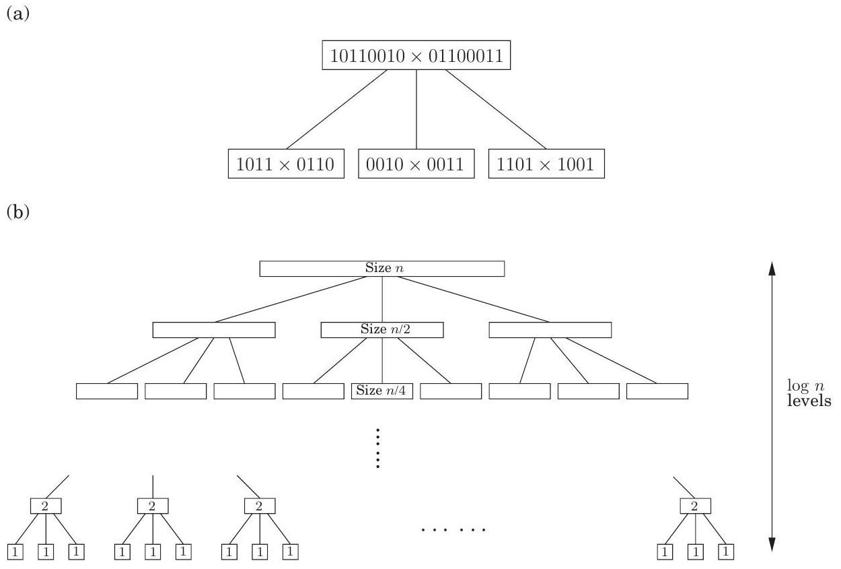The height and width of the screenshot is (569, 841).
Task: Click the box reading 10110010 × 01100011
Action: (x=416, y=56)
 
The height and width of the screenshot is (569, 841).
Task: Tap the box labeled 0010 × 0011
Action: (x=416, y=164)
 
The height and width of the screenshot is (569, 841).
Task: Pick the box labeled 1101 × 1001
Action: (x=546, y=164)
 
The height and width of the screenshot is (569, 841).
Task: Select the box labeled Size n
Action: (x=382, y=268)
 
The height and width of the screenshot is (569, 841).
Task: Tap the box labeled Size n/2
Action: (x=382, y=330)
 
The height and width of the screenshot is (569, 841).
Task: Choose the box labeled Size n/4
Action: (x=382, y=391)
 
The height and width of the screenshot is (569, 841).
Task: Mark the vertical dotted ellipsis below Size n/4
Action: (x=378, y=448)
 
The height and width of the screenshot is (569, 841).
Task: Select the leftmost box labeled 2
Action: (x=46, y=506)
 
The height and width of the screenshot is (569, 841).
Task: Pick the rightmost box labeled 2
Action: (x=695, y=506)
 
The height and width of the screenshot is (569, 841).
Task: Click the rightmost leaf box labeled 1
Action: (x=725, y=551)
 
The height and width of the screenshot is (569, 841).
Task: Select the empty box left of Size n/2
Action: (x=214, y=330)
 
